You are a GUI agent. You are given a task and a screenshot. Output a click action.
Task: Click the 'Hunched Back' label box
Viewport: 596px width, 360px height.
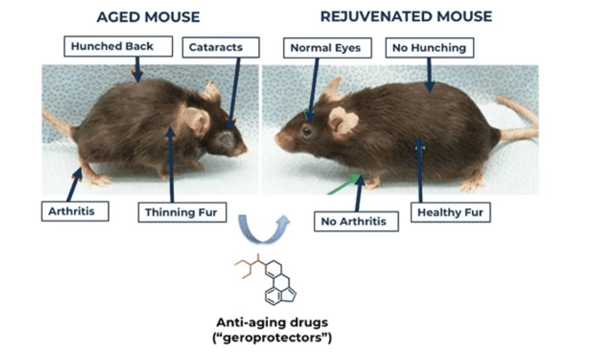click(112, 47)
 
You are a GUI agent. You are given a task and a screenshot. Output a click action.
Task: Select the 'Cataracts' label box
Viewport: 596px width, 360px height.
click(215, 47)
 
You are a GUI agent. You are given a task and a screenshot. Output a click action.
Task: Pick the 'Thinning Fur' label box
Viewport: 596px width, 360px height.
click(181, 212)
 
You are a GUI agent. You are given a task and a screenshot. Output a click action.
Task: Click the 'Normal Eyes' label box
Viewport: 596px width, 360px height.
click(326, 48)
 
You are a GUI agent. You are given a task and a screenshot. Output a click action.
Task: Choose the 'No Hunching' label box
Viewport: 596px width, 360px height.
click(429, 48)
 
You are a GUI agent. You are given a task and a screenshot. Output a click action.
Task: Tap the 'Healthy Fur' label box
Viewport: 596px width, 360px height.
click(450, 212)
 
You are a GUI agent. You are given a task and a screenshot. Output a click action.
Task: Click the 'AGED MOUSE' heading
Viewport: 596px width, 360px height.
click(148, 17)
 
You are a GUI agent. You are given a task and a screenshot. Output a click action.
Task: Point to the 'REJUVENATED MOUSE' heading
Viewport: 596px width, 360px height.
click(406, 16)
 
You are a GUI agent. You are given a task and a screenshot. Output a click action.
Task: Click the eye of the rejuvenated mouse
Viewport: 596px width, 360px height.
click(306, 131)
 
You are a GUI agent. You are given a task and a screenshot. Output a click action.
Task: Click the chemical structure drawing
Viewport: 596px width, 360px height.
click(267, 280)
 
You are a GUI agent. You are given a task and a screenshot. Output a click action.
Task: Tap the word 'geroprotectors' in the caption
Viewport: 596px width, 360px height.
click(272, 338)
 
